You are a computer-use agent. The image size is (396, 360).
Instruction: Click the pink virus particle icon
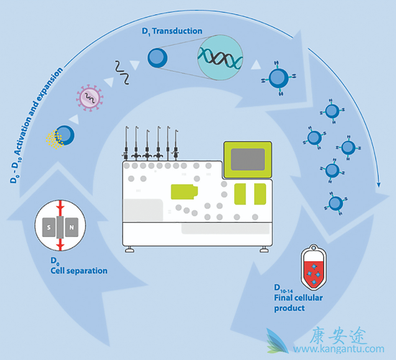(x=90, y=97)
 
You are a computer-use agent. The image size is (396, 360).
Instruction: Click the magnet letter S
(x=51, y=229)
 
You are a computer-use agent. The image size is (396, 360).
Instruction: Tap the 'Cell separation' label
(x=79, y=271)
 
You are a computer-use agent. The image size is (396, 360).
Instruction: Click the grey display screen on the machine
(x=248, y=159)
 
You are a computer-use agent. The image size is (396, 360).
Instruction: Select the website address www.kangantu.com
(x=339, y=349)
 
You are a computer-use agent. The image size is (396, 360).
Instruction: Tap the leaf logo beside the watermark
(x=278, y=341)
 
